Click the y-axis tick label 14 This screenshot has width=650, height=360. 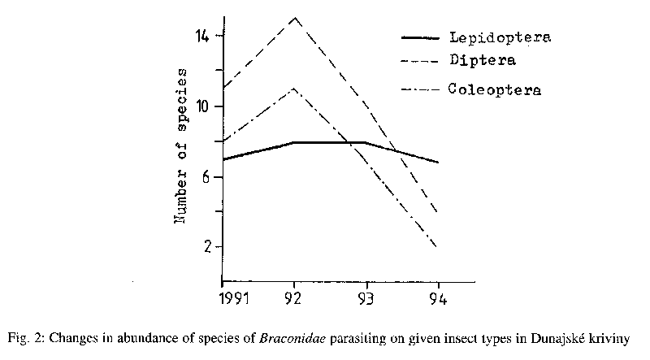click(201, 37)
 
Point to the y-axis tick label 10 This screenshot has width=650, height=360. click(201, 106)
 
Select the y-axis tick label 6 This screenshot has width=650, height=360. click(205, 176)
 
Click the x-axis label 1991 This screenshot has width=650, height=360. click(223, 299)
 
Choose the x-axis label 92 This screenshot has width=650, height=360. click(294, 299)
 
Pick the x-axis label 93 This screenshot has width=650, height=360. click(367, 299)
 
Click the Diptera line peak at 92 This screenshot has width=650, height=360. click(294, 17)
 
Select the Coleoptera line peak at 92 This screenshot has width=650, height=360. click(294, 88)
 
